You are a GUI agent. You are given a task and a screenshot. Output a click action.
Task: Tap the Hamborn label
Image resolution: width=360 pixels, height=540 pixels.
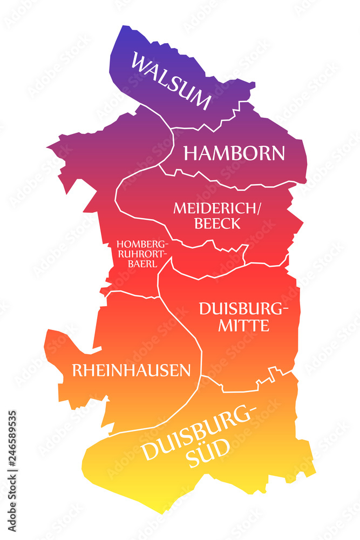point(234,153)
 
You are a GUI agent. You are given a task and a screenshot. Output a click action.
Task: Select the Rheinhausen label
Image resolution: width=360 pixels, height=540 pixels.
point(131,370)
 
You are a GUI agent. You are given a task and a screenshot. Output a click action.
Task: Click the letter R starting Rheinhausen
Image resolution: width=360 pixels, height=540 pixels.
point(77,370)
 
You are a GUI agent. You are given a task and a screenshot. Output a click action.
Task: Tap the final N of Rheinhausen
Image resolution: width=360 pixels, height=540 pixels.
point(185,370)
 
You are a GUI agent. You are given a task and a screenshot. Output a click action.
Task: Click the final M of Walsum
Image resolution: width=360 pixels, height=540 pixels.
point(201,102)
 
